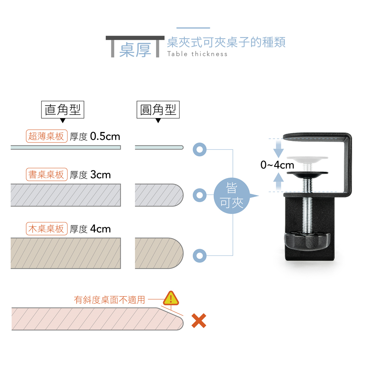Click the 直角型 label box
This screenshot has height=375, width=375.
pos(63,110)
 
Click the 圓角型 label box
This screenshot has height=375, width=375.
pos(158,110)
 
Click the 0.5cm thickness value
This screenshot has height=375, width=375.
pos(105,136)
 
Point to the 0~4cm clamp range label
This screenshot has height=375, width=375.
pos(277,165)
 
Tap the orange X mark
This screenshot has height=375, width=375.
pos(199,321)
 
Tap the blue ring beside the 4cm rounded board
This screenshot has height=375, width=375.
pos(199,256)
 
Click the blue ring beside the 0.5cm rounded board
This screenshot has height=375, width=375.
pos(199,149)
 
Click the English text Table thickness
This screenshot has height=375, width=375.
pos(197,54)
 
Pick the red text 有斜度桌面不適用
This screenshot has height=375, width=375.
pos(109,300)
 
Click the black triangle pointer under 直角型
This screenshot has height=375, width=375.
pos(63,121)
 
